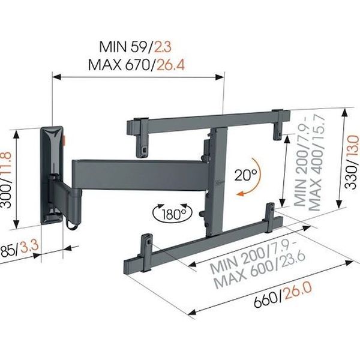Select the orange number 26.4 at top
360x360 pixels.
point(170,65)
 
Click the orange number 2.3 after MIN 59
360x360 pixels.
point(163,47)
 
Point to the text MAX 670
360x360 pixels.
point(119,65)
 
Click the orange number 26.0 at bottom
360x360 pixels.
point(298,290)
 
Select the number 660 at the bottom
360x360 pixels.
point(266,299)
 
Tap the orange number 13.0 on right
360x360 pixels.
point(353,145)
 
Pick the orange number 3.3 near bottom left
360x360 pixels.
point(29,247)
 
